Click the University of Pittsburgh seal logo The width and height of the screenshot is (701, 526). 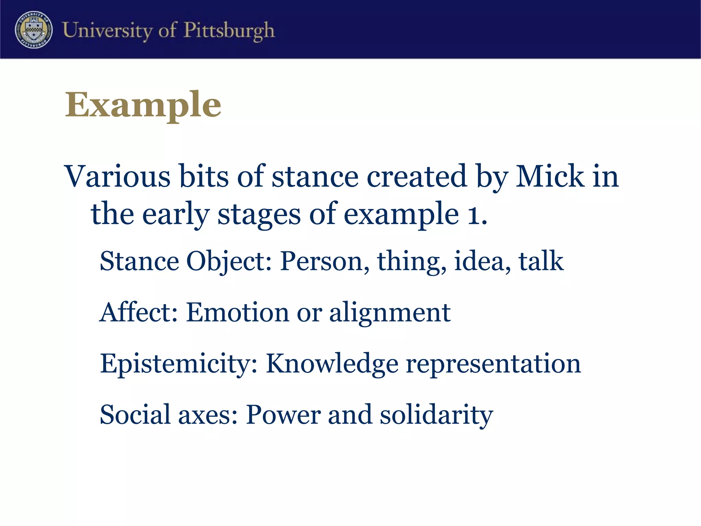34,29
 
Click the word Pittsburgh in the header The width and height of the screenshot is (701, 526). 229,30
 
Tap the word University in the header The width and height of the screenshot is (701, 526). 107,30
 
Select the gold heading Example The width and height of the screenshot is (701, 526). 143,104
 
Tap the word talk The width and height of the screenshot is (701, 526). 541,261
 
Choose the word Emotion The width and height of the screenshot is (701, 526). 238,312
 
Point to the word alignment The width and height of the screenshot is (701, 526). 390,312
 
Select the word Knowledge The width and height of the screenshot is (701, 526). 332,364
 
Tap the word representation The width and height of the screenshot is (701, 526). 493,364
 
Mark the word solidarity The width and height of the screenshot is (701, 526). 436,415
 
